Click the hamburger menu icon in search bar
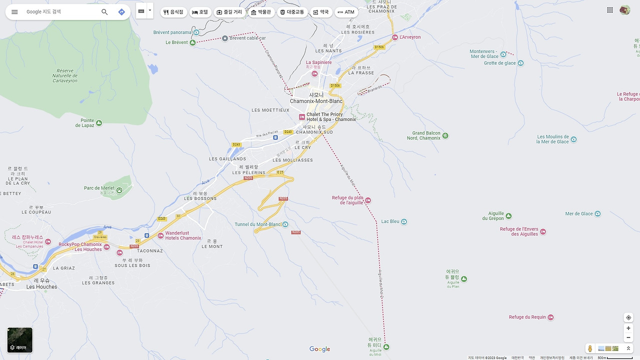(14, 11)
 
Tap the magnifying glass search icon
(104, 11)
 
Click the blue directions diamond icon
(121, 11)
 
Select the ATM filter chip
(346, 12)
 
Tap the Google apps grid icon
(610, 10)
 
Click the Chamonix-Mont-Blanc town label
(316, 101)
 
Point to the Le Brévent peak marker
(192, 42)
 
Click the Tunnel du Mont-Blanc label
(258, 224)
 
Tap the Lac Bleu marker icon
(404, 221)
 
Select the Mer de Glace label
(579, 213)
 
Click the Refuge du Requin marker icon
(550, 317)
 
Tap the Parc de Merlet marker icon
(119, 190)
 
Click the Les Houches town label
(41, 286)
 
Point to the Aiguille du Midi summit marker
(386, 346)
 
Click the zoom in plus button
(628, 328)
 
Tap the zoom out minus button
(628, 337)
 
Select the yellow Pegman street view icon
(590, 348)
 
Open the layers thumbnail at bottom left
(20, 340)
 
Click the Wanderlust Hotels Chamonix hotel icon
(160, 235)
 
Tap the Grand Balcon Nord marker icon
(445, 135)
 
